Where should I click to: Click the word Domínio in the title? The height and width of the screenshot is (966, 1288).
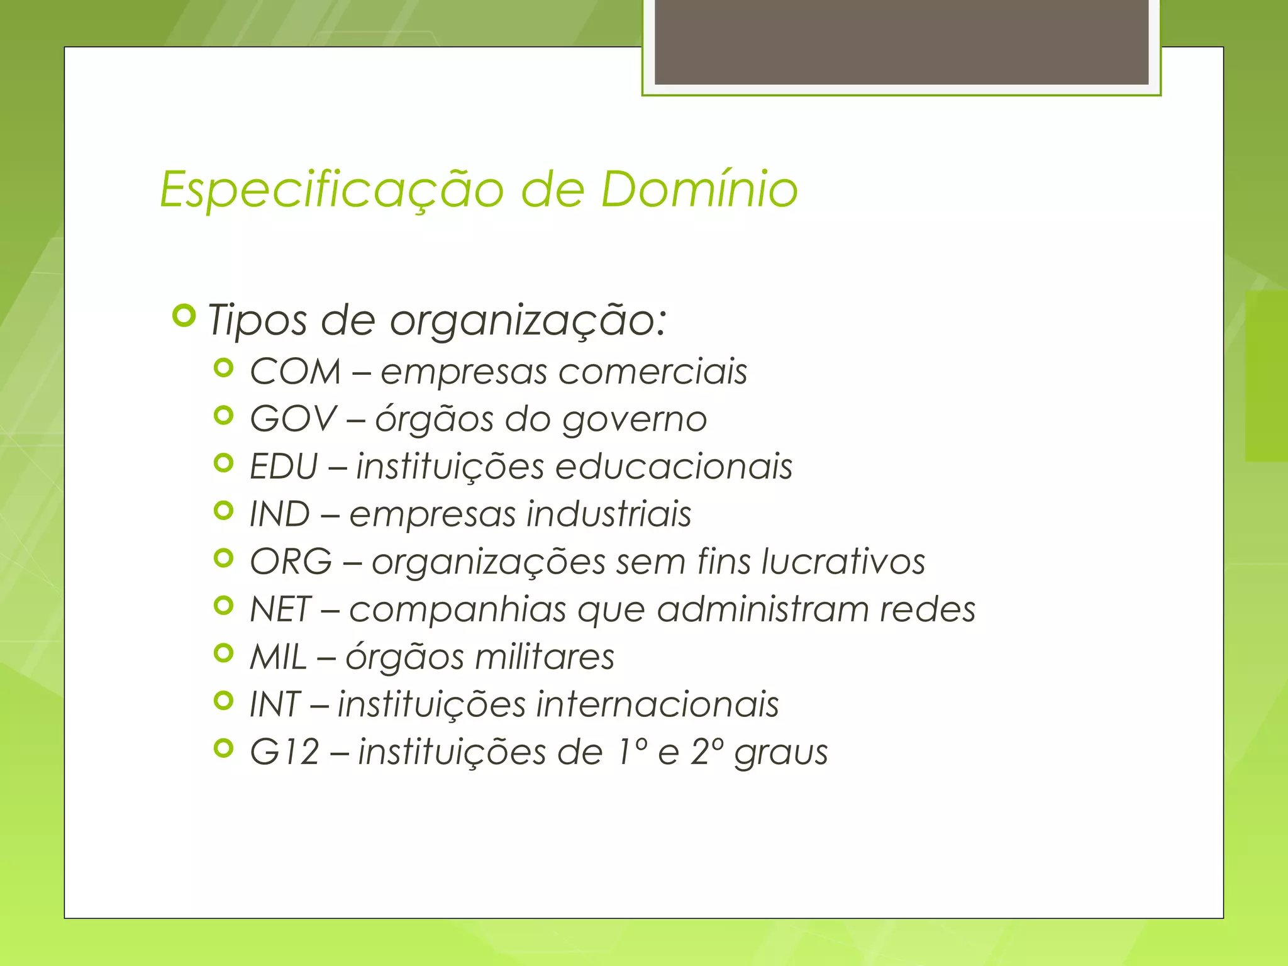699,189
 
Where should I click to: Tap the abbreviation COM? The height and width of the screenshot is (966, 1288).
295,371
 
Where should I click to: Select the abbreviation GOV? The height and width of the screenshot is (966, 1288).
294,419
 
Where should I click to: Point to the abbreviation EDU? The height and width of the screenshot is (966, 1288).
284,467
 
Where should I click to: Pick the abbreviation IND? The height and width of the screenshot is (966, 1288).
280,514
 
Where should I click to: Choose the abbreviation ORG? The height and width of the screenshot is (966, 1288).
291,561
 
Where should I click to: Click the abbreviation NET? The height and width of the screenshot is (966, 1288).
280,609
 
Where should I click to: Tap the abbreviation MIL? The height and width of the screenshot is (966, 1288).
278,657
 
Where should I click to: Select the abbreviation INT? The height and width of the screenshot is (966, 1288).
275,704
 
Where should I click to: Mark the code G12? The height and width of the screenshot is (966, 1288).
285,752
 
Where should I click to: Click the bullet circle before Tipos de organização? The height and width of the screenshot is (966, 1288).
184,316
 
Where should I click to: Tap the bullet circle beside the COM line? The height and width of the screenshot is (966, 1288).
223,368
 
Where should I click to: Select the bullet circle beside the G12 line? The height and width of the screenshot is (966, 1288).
223,748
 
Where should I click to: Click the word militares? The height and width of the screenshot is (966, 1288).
544,657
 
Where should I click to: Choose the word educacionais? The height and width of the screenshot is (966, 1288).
674,467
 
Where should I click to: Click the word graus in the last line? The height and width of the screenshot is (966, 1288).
781,753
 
